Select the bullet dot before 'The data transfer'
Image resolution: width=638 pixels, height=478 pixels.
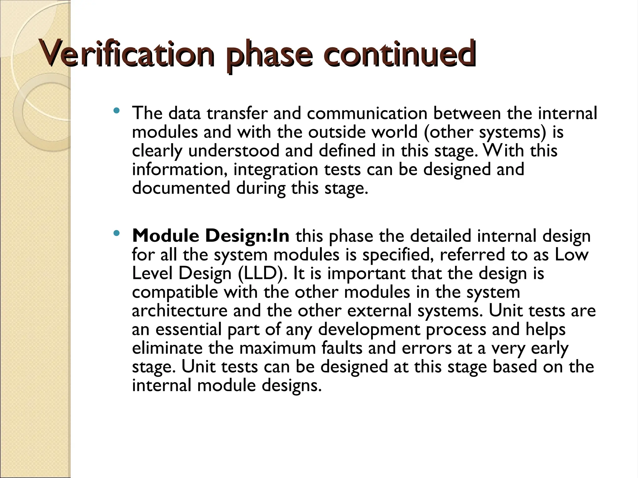point(117,110)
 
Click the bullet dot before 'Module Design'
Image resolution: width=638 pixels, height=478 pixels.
point(117,233)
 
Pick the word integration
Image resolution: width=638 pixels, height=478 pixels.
point(276,170)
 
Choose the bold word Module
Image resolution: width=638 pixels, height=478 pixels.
point(165,236)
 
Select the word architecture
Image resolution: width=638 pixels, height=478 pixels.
point(180,311)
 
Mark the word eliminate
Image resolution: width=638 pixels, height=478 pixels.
point(167,348)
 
